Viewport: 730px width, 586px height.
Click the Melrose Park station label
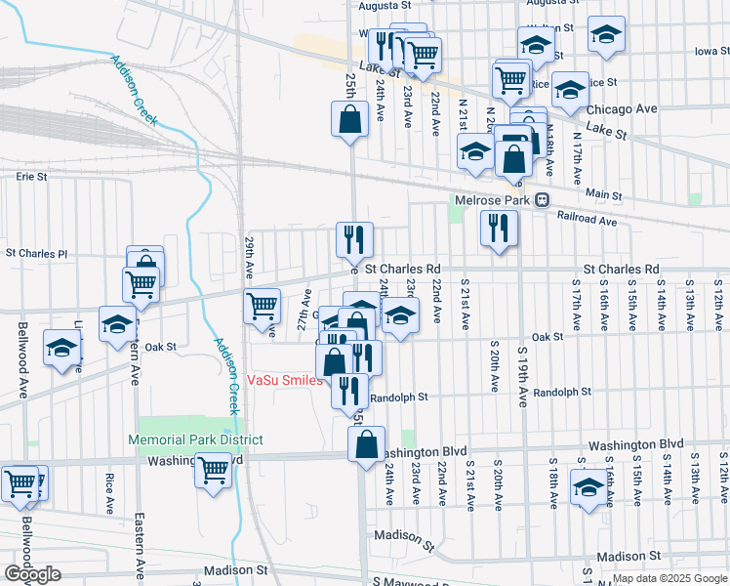coord(492,200)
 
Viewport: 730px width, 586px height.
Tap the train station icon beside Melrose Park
coord(540,200)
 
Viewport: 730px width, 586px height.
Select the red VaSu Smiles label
coord(284,381)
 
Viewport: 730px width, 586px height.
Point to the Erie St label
coord(32,177)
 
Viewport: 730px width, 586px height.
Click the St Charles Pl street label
coord(37,253)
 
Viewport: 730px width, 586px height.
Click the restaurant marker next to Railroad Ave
coord(499,228)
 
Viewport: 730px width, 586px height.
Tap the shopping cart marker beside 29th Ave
coord(262,305)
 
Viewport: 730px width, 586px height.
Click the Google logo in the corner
coord(32,574)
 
